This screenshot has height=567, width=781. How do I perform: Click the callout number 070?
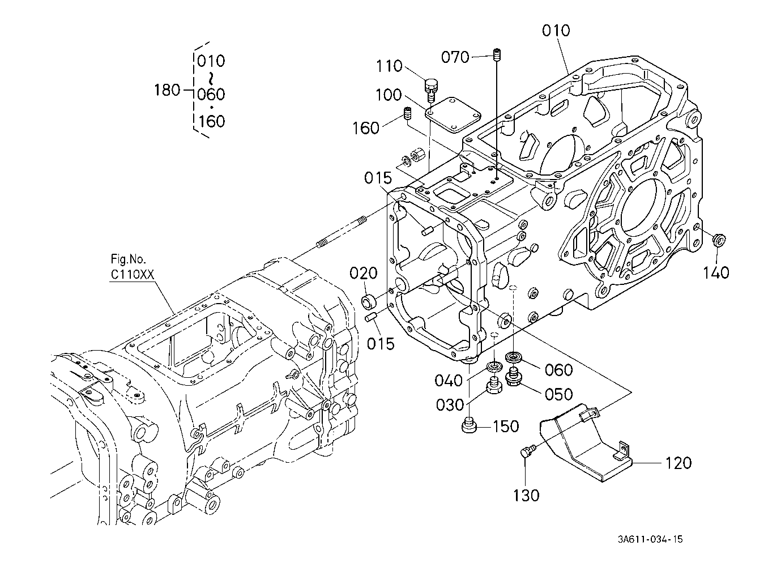(x=455, y=57)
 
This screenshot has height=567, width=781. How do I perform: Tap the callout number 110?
(x=390, y=66)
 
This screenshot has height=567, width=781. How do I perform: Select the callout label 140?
(x=716, y=272)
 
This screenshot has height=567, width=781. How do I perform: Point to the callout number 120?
(x=678, y=463)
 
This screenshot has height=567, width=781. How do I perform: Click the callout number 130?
(x=526, y=495)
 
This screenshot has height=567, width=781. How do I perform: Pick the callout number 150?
(x=506, y=427)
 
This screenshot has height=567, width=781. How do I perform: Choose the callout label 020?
(x=364, y=273)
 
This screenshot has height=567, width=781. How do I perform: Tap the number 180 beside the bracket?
(x=168, y=90)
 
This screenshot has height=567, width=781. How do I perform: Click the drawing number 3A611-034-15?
(x=650, y=539)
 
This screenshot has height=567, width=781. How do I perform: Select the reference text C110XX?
(x=132, y=275)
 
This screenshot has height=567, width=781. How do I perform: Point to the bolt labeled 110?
(x=432, y=90)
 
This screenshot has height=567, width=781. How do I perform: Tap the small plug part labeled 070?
(x=497, y=55)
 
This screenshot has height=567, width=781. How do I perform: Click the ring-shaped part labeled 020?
(x=369, y=301)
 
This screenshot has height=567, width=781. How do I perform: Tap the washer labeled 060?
(x=514, y=357)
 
